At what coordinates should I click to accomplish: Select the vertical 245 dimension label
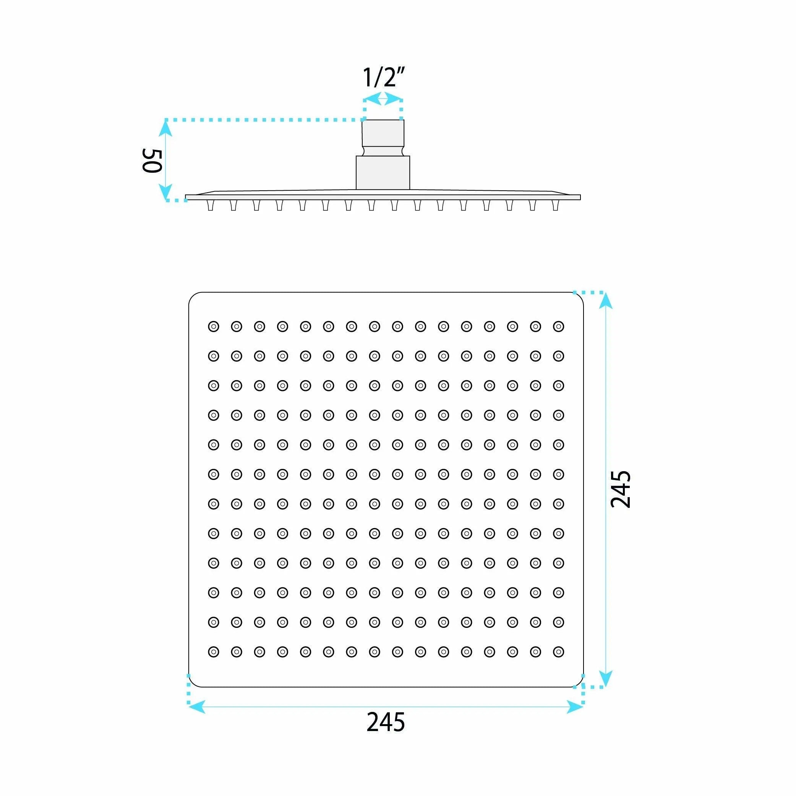click(x=620, y=489)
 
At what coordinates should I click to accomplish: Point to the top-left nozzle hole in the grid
click(x=213, y=327)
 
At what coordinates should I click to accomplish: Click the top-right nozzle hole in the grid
click(x=558, y=327)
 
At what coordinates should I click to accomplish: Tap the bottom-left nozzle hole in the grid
click(x=213, y=652)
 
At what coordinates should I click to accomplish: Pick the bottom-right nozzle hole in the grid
click(x=558, y=652)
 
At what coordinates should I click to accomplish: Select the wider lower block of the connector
click(x=383, y=173)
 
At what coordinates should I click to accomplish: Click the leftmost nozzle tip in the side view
click(x=211, y=205)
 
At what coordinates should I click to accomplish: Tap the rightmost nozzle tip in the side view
click(x=555, y=205)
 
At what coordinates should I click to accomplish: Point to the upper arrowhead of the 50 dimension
click(x=165, y=128)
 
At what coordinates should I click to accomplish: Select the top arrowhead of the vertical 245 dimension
click(x=605, y=300)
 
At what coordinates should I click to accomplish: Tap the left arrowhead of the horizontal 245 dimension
click(x=196, y=707)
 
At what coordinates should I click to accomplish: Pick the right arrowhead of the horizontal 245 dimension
click(x=575, y=707)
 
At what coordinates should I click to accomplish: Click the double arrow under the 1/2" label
click(x=383, y=99)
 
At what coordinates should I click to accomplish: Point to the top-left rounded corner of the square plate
click(x=192, y=296)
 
